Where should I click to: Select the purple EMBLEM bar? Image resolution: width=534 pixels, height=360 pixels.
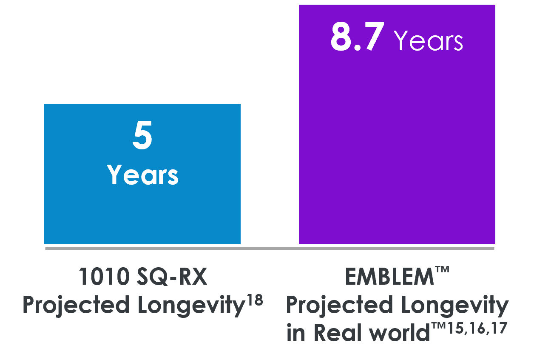click(x=397, y=149)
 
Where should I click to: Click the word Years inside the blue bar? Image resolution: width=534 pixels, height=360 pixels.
click(x=142, y=175)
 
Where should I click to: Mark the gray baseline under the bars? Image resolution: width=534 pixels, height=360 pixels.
click(x=270, y=249)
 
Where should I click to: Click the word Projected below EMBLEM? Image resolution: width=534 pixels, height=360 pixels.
click(x=339, y=306)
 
